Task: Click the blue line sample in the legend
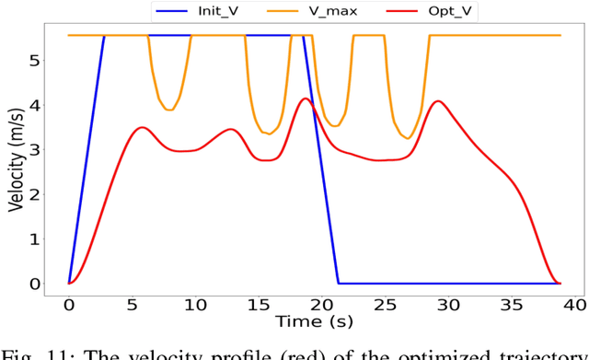[174, 12]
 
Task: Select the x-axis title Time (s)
[314, 321]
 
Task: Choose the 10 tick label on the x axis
[194, 303]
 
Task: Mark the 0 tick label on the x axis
[69, 303]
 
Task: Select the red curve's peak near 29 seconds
[439, 101]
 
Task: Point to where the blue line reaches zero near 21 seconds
[338, 283]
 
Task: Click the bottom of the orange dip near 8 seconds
[168, 110]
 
